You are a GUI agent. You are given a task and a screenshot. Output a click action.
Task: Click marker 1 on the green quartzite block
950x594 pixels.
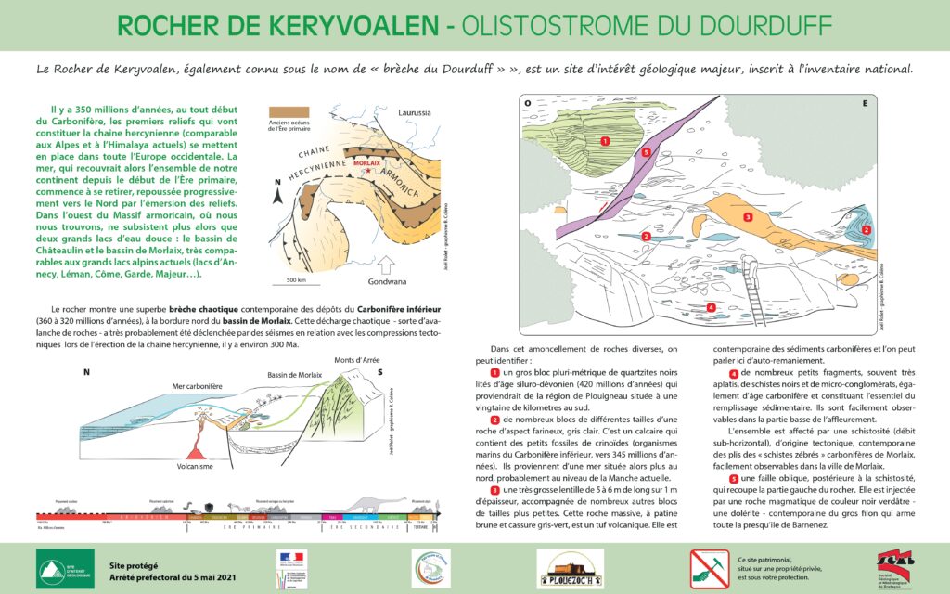(604, 141)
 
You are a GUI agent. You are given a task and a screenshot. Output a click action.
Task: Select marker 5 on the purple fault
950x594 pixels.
(645, 151)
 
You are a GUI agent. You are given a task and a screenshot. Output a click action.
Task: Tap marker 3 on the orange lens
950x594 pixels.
(748, 217)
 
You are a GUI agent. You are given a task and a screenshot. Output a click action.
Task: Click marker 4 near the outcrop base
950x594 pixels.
(711, 307)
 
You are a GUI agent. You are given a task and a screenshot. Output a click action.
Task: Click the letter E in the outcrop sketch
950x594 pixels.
(865, 103)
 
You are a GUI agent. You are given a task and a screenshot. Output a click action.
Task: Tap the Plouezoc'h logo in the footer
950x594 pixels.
(570, 567)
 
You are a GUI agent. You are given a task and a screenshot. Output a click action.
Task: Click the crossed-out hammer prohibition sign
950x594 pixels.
(709, 567)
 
